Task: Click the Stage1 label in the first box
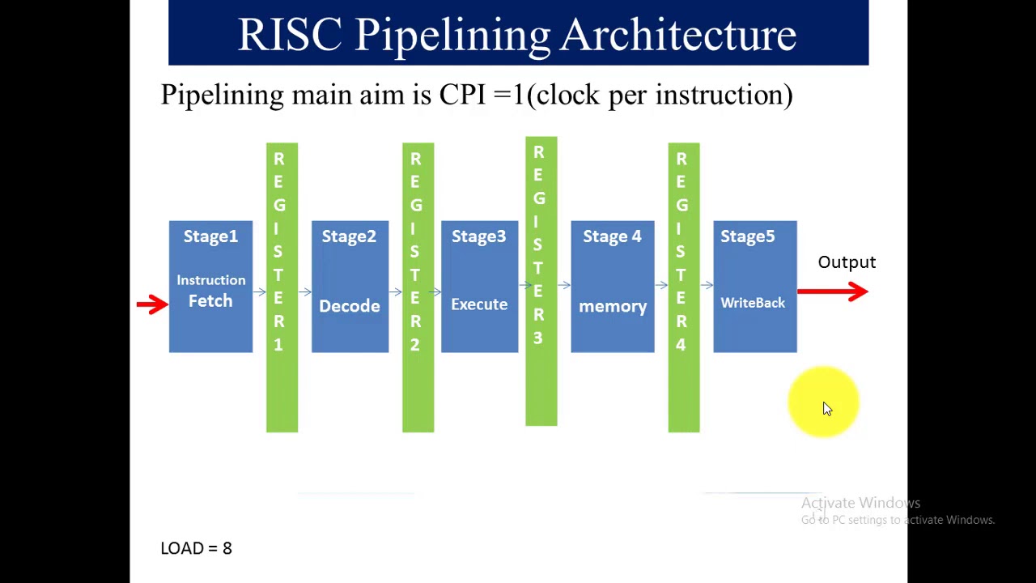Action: point(210,236)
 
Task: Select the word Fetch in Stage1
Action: point(210,301)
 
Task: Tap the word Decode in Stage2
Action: point(350,306)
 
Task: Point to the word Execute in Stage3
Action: point(479,304)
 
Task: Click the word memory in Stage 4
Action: point(613,306)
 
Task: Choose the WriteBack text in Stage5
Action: point(753,303)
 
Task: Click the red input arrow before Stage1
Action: point(152,304)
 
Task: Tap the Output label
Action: point(847,262)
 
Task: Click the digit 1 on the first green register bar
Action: point(278,345)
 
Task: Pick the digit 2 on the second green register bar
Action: point(415,345)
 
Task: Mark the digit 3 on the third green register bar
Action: point(538,338)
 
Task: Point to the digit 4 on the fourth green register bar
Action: point(681,345)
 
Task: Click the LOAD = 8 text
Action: point(197,548)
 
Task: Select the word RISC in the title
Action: point(290,35)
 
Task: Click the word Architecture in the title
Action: point(678,35)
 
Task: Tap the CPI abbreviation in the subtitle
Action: point(461,95)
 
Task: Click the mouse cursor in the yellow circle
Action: point(826,409)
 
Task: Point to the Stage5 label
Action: point(748,236)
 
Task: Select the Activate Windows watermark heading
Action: point(860,503)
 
